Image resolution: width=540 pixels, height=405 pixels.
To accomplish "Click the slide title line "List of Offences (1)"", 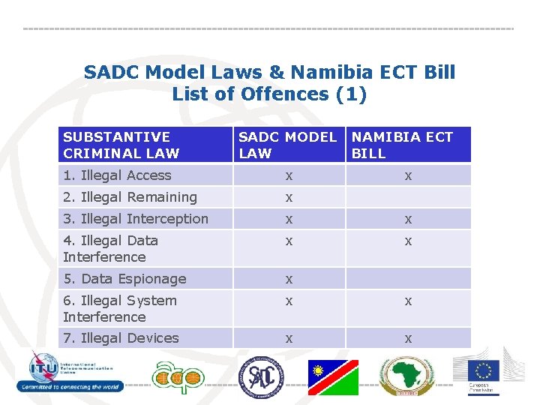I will tap(269, 94).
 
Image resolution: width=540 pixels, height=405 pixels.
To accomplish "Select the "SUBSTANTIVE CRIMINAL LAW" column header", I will tap(121, 145).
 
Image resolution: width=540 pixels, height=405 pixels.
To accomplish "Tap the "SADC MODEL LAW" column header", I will tap(287, 145).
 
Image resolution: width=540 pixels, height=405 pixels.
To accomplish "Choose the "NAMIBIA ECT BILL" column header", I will tap(403, 145).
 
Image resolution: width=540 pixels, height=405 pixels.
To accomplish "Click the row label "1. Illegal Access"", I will tap(117, 175).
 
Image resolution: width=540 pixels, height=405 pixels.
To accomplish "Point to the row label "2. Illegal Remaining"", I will tap(130, 197).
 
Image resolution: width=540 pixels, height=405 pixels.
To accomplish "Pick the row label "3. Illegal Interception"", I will tap(136, 219).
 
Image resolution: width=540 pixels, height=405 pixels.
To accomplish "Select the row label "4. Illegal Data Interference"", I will tap(110, 248).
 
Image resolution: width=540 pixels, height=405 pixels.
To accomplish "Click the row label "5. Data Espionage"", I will tap(124, 279).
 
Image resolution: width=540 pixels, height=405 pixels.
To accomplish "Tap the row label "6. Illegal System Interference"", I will tap(120, 308).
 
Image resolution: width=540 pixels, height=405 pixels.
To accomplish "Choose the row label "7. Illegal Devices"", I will tap(121, 338).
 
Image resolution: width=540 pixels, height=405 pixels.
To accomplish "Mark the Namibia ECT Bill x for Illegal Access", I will tap(408, 175).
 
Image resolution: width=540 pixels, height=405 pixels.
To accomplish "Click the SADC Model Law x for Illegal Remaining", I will tap(287, 197).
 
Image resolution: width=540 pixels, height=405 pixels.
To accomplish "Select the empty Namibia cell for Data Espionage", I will tap(408, 279).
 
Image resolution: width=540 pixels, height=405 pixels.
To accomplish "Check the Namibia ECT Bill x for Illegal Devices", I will tap(408, 339).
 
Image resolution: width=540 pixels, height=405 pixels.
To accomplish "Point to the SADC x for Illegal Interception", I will tap(287, 219).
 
